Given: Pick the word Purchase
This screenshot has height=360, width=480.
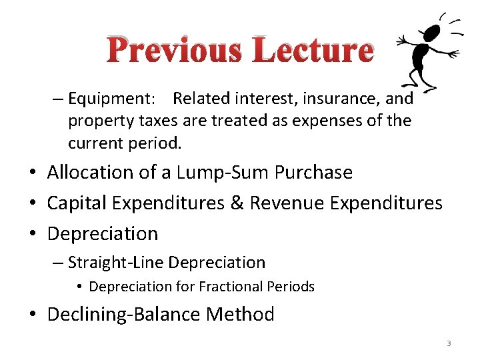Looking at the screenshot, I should (x=313, y=173).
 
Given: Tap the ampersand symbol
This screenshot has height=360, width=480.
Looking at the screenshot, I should (x=236, y=203).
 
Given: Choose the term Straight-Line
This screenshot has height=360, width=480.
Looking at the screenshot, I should (x=117, y=263).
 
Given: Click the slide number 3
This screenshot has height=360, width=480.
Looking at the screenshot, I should (x=449, y=343).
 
